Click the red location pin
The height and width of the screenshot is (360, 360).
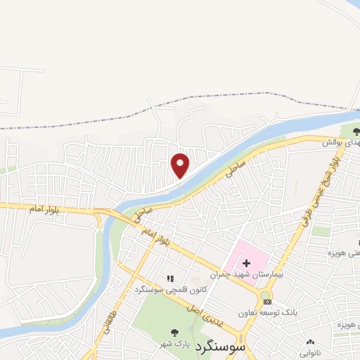(181, 165)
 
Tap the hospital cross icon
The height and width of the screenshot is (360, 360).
(246, 262)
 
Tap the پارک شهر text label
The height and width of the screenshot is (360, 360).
(180, 344)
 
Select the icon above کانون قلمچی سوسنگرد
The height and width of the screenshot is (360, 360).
(169, 278)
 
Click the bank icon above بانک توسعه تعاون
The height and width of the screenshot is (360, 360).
(266, 302)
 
